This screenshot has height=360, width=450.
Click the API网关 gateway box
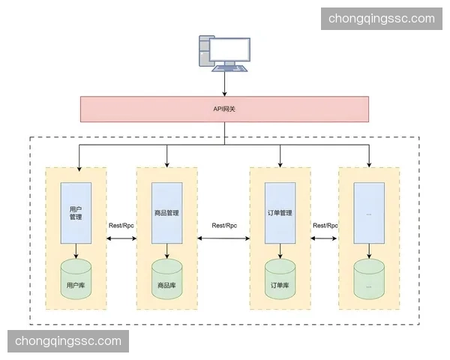(x=224, y=109)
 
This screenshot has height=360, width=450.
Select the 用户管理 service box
(x=76, y=212)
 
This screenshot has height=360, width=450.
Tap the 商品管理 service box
(x=166, y=212)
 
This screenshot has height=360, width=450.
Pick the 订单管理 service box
(x=280, y=212)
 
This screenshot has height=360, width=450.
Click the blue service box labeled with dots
(x=369, y=212)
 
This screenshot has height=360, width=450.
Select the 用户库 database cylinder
(x=76, y=279)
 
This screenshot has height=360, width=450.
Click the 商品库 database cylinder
(x=166, y=279)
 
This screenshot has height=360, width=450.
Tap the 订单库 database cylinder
(x=280, y=279)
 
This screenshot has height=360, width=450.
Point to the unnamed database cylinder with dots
(x=369, y=279)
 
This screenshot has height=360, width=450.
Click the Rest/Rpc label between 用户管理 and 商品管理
(x=121, y=225)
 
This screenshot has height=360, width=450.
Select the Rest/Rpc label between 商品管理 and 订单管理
(x=224, y=225)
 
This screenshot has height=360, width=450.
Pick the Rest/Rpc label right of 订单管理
(x=325, y=225)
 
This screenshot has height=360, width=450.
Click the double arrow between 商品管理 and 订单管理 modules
(x=224, y=238)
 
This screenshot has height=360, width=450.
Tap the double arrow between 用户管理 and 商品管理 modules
(x=121, y=238)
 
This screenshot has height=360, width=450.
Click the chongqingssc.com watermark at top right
(x=382, y=19)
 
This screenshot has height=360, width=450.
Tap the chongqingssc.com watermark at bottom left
(x=68, y=341)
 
